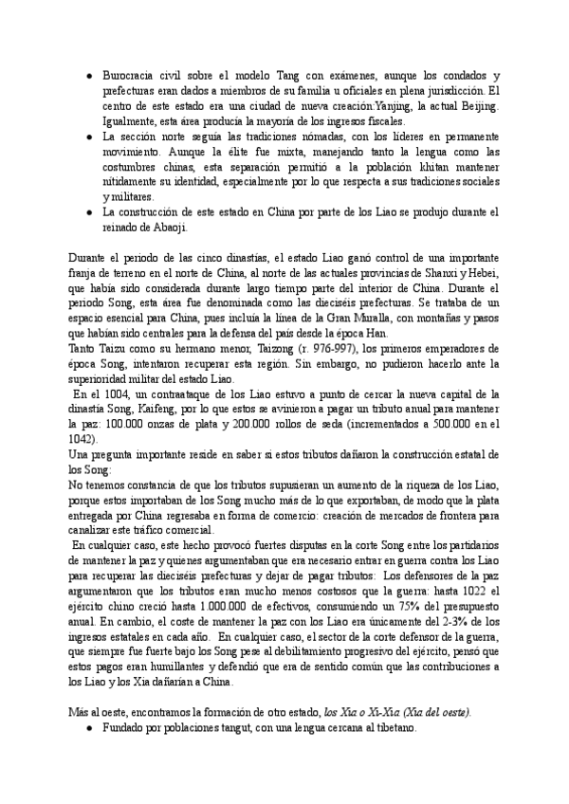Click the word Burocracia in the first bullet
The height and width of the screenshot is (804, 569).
pyautogui.click(x=128, y=75)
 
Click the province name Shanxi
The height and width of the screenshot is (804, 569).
pyautogui.click(x=439, y=274)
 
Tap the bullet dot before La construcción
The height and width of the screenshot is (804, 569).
pyautogui.click(x=87, y=213)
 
